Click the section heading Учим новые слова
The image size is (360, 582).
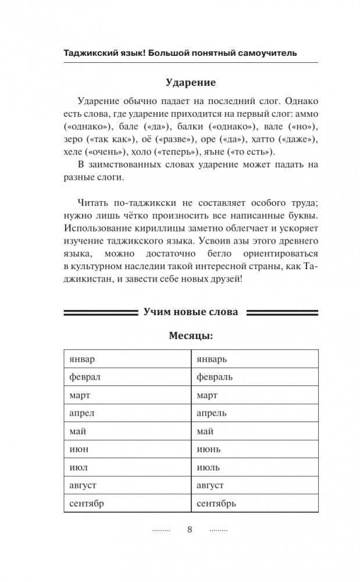191,312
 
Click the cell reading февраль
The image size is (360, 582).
215,377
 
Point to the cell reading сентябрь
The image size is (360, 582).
216,504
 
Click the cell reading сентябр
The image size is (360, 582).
86,504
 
